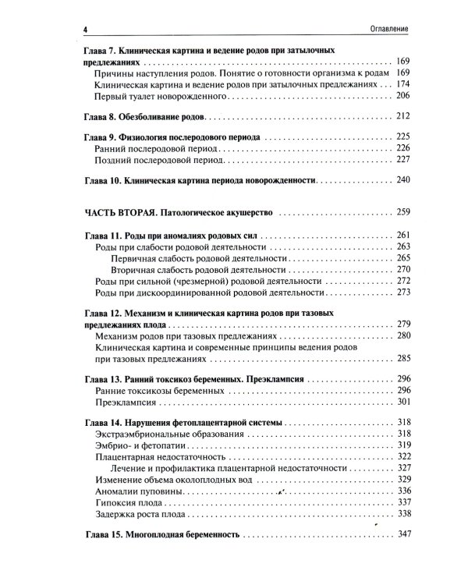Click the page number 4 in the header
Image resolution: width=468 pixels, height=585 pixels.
pyautogui.click(x=83, y=30)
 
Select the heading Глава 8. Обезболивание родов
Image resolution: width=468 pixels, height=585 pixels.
pyautogui.click(x=143, y=115)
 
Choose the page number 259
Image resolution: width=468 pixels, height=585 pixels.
pyautogui.click(x=402, y=212)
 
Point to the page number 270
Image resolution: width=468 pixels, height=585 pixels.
pyautogui.click(x=402, y=269)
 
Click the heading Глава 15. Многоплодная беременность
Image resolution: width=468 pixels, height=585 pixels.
pyautogui.click(x=161, y=537)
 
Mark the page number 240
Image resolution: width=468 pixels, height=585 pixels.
pyautogui.click(x=402, y=179)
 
